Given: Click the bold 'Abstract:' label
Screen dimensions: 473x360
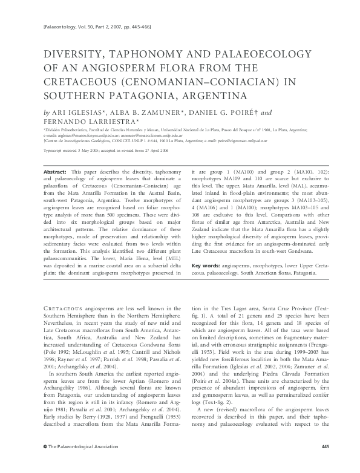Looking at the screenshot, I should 54,172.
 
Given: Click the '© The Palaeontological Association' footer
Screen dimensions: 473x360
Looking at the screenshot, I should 73,463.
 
